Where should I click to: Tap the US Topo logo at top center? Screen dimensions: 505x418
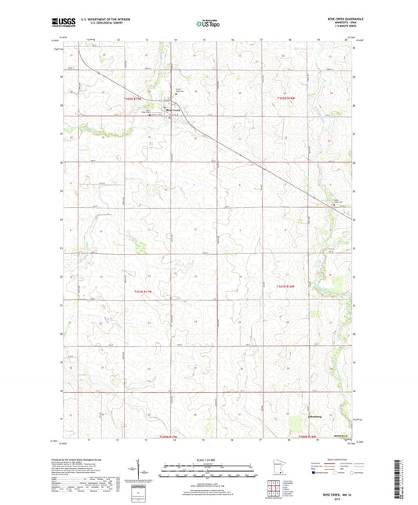click(x=208, y=24)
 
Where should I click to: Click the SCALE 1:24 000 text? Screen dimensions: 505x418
click(x=209, y=460)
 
